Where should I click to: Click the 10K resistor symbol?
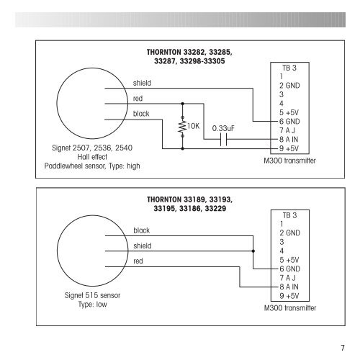pyautogui.click(x=182, y=127)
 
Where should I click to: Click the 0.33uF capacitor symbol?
pyautogui.click(x=223, y=139)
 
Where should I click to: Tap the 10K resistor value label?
pyautogui.click(x=194, y=126)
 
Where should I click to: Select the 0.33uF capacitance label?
pyautogui.click(x=223, y=128)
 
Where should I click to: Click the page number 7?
pyautogui.click(x=343, y=348)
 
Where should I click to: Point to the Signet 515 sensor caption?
pyautogui.click(x=92, y=295)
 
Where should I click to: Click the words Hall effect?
pyautogui.click(x=92, y=157)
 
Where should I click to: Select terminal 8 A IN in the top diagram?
pyautogui.click(x=289, y=140)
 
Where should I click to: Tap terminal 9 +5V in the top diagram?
pyautogui.click(x=289, y=148)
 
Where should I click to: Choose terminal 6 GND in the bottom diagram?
pyautogui.click(x=290, y=269)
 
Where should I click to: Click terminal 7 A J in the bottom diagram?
pyautogui.click(x=287, y=278)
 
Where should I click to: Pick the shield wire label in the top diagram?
pyautogui.click(x=142, y=83)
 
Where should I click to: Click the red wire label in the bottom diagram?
pyautogui.click(x=138, y=261)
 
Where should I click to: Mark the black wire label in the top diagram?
pyautogui.click(x=141, y=114)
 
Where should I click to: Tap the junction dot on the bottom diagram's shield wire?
pyautogui.click(x=253, y=251)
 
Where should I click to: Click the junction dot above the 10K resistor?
pyautogui.click(x=182, y=104)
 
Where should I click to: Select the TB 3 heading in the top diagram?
pyautogui.click(x=289, y=68)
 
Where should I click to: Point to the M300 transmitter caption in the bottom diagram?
pyautogui.click(x=290, y=308)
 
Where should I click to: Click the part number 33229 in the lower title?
pyautogui.click(x=215, y=208)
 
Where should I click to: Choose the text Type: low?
pyautogui.click(x=92, y=305)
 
